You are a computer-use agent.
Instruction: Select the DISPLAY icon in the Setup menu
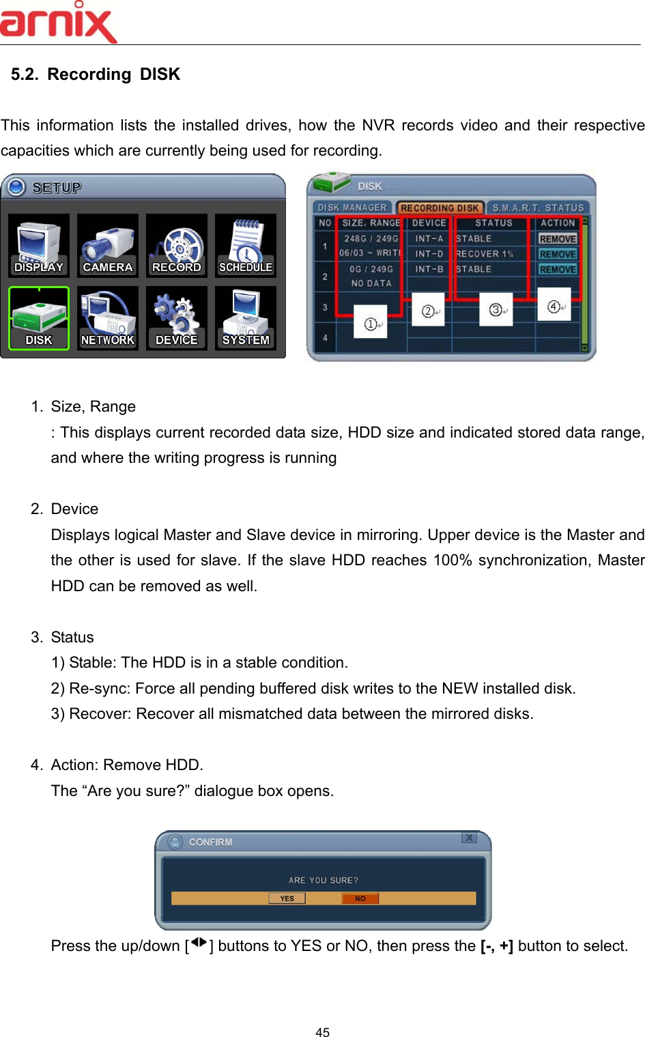39,246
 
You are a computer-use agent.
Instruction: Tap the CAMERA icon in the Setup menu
108,246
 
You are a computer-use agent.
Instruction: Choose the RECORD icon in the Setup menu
177,246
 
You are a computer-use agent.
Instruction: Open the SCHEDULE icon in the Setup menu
246,246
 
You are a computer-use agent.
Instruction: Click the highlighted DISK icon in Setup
39,318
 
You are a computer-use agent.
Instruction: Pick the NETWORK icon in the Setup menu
108,318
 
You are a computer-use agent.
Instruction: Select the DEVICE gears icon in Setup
177,318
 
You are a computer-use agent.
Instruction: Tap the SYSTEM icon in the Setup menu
246,318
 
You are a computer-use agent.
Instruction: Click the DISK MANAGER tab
352,208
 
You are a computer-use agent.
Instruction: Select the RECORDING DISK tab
440,208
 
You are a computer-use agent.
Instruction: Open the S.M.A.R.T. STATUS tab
538,208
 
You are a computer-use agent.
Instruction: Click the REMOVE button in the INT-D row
558,254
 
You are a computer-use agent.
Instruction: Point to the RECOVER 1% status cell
485,254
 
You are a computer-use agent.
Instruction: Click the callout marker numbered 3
496,310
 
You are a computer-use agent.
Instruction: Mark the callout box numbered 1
371,324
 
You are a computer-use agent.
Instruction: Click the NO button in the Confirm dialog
360,898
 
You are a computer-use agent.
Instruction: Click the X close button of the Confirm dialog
469,838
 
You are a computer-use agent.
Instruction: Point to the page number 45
323,1032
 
